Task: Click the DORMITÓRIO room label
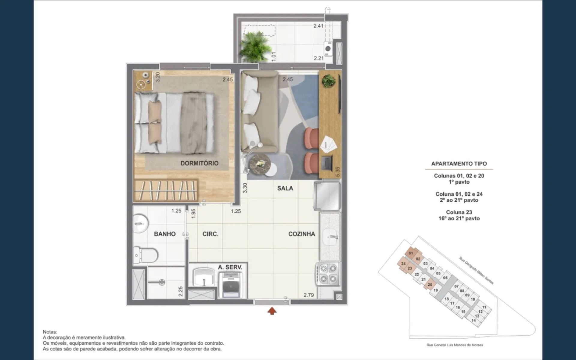coord(199,163)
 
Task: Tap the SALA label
coord(285,188)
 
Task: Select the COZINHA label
coord(301,234)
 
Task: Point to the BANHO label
coord(165,234)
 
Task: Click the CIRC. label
coord(210,234)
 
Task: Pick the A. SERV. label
coord(230,267)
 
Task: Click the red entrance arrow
coord(272,310)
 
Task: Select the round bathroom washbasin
coord(141,223)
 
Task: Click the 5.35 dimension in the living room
coord(338,172)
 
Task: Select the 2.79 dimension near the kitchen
coord(308,295)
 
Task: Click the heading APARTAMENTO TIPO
coord(459,164)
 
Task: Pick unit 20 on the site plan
coord(430,285)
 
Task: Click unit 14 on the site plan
coord(473,320)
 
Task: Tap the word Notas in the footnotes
coord(50,332)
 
